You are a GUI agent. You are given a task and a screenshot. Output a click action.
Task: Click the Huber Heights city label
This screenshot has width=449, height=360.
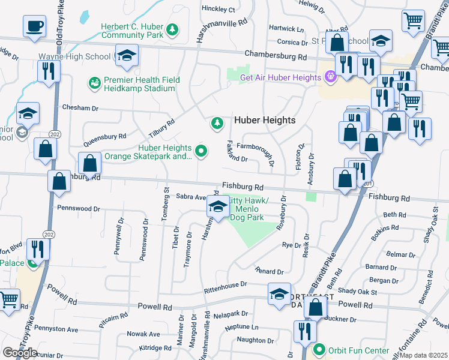[265, 120]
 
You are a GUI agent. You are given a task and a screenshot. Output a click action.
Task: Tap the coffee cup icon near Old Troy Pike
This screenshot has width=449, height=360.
[34, 27]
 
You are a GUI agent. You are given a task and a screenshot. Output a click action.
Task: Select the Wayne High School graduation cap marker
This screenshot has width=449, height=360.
[126, 56]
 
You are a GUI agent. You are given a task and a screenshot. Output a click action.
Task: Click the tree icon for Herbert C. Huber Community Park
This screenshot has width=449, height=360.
[172, 29]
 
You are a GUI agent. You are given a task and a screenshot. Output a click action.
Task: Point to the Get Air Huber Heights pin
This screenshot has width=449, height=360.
[329, 77]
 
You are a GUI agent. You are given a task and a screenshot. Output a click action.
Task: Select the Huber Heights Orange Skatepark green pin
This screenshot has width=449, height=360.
[201, 152]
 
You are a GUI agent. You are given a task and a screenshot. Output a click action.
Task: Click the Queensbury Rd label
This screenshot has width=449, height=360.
[105, 140]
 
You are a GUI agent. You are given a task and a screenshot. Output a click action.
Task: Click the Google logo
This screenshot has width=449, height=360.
[20, 352]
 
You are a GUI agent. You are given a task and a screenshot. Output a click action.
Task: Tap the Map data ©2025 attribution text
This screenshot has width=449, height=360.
[424, 355]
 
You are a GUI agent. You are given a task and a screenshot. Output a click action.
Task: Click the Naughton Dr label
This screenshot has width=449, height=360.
[256, 340]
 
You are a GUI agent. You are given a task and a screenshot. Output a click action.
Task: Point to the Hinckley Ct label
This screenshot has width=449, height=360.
[218, 10]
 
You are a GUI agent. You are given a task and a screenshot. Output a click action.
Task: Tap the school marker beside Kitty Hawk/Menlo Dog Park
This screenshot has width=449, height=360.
[217, 208]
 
